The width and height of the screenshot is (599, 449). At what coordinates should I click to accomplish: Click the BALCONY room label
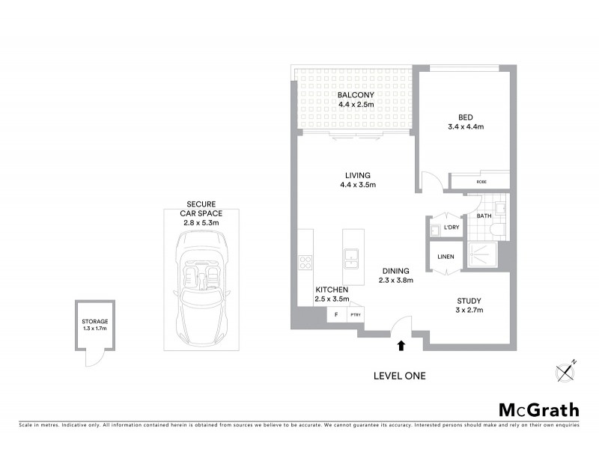click(355, 100)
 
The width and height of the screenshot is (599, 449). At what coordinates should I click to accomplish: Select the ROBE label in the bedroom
click(481, 181)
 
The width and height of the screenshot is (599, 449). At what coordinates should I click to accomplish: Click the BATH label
click(484, 216)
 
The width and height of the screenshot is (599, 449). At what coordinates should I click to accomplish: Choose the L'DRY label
click(451, 227)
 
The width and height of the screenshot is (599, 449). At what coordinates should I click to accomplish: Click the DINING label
click(395, 276)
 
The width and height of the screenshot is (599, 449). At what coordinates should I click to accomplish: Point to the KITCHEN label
click(331, 294)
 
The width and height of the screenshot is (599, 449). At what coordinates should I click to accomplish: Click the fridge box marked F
click(336, 314)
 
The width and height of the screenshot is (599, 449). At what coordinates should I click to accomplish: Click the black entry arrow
click(401, 345)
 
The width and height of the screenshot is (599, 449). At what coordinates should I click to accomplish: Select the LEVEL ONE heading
click(399, 376)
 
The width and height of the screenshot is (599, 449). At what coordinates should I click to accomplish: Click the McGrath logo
click(538, 409)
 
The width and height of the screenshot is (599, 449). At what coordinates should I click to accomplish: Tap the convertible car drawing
click(202, 284)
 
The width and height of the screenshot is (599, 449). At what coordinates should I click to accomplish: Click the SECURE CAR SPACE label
click(202, 213)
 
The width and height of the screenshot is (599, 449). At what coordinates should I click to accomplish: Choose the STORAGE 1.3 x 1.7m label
click(95, 325)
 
